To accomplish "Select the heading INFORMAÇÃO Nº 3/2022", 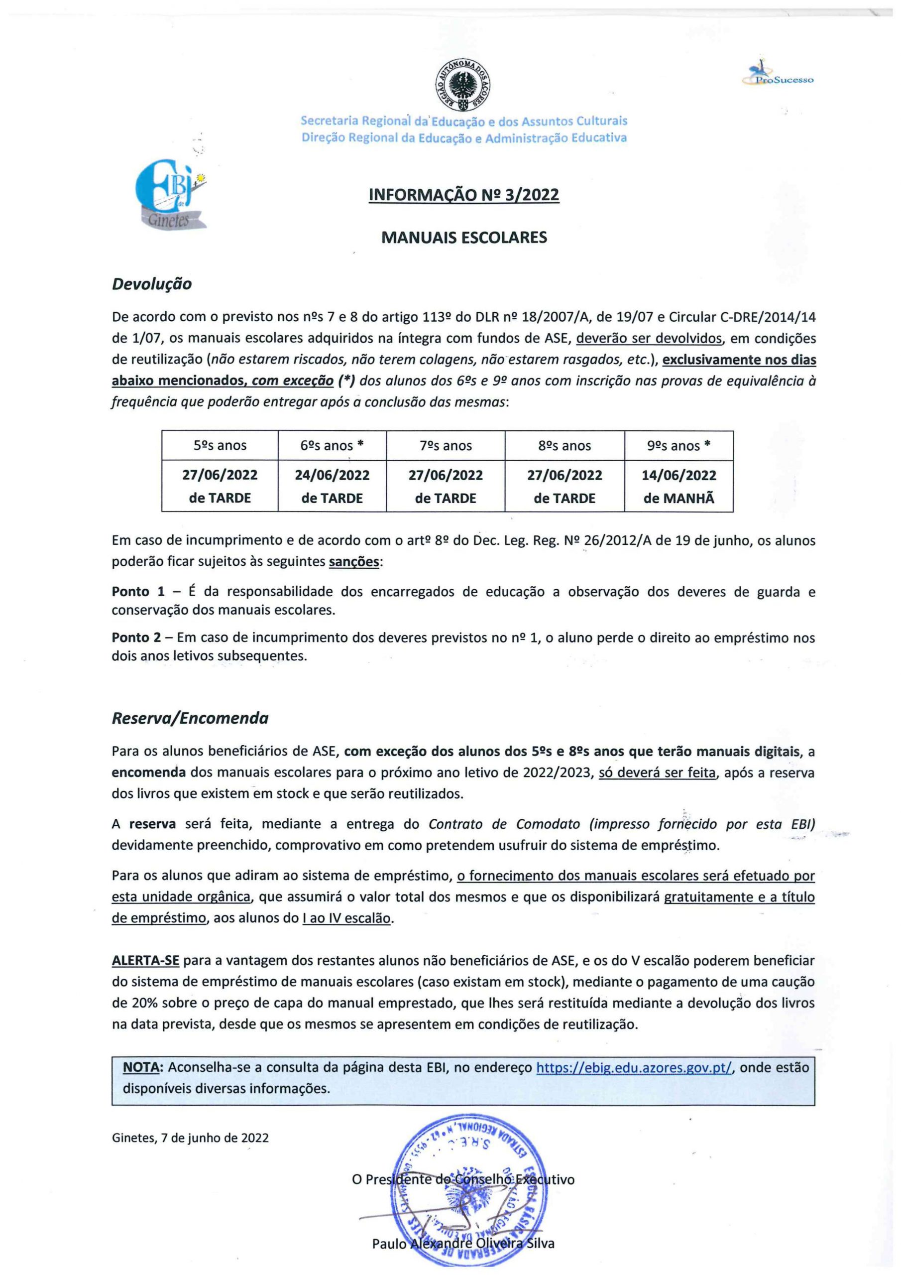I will pyautogui.click(x=463, y=195).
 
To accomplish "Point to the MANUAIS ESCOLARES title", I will pyautogui.click(x=463, y=238).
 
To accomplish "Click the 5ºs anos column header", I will pyautogui.click(x=220, y=445).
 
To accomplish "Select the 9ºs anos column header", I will pyautogui.click(x=678, y=445).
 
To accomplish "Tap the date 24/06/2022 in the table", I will pyautogui.click(x=332, y=475).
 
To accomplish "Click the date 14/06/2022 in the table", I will pyautogui.click(x=678, y=475).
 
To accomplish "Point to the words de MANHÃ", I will pyautogui.click(x=678, y=498).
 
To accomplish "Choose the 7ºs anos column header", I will pyautogui.click(x=446, y=445).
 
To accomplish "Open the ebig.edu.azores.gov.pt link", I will pyautogui.click(x=634, y=1068).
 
